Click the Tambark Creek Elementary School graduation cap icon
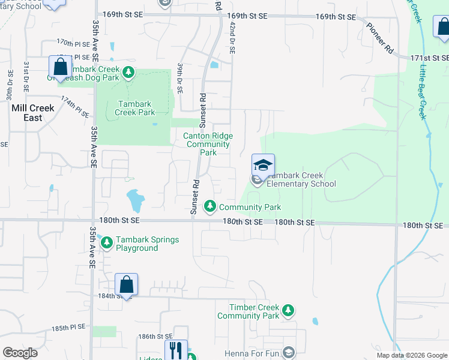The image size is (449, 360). click(x=263, y=165)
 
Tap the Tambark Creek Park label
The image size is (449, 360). click(x=134, y=108)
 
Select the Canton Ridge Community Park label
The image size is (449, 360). click(x=208, y=144)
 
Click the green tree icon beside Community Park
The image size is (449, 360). click(x=210, y=207)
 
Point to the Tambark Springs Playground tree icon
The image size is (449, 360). click(x=107, y=243)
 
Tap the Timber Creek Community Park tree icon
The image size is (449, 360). click(x=289, y=310)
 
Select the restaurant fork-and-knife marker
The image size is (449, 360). click(x=176, y=350)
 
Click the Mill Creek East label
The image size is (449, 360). click(x=33, y=113)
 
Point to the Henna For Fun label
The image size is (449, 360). click(x=252, y=353)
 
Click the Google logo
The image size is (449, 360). click(x=20, y=353)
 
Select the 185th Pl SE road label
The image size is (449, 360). click(x=69, y=328)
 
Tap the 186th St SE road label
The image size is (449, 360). click(x=155, y=337)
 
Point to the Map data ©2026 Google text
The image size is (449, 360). click(x=411, y=355)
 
